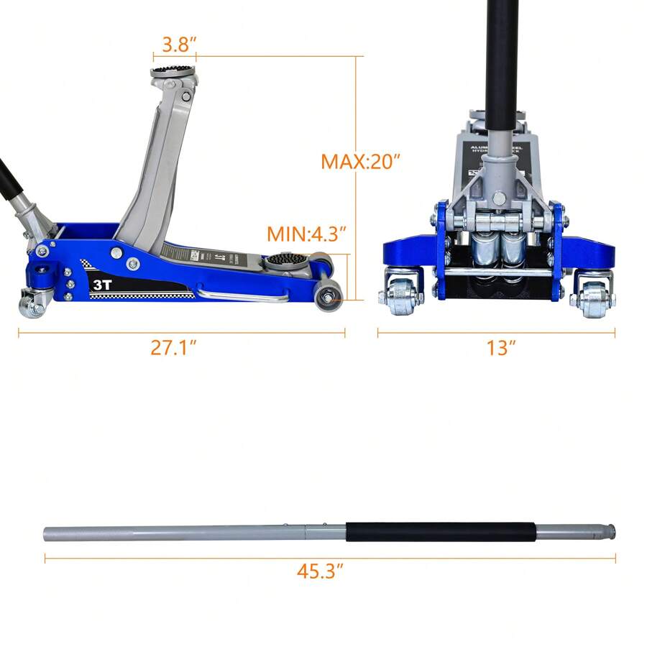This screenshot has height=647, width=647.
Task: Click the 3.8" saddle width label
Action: click(175, 45)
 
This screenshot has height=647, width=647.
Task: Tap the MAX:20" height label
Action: click(359, 161)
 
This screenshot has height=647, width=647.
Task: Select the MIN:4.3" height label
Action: click(307, 234)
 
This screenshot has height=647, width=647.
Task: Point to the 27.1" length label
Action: click(174, 348)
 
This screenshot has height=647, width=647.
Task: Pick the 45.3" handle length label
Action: click(320, 572)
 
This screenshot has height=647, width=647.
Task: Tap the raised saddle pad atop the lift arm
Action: click(173, 73)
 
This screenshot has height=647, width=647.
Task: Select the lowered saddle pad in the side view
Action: click(285, 258)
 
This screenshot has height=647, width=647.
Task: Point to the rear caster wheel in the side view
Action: click(32, 305)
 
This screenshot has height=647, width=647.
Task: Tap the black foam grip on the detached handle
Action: click(441, 532)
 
